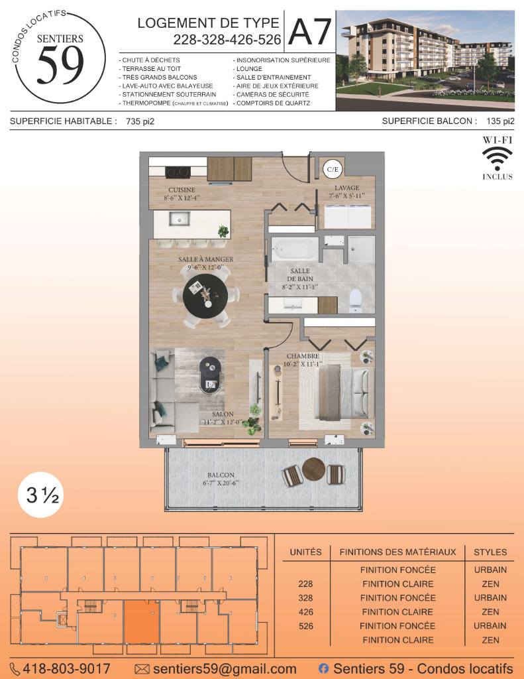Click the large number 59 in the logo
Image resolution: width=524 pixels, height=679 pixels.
pos(60,66)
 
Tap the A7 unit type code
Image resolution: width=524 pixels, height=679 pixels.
pos(310,32)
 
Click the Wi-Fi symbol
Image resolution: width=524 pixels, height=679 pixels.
pos(498,158)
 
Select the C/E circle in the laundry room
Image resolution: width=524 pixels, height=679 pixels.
pos(333,169)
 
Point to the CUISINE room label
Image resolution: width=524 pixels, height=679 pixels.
pos(182,190)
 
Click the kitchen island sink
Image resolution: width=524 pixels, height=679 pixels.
pos(179,219)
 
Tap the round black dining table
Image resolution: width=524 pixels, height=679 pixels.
pos(205,296)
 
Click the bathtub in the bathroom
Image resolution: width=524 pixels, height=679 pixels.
pos(295,249)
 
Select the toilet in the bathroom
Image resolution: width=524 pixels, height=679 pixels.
pos(355,300)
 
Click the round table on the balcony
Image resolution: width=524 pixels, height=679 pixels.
pos(314,469)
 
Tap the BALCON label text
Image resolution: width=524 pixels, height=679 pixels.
pos(221,475)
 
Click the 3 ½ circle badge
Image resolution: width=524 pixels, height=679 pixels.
pos(41,495)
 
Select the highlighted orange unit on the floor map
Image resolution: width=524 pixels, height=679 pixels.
pos(142,622)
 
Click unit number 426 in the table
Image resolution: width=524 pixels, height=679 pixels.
pos(305,612)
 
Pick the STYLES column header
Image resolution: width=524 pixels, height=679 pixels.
pos(490,552)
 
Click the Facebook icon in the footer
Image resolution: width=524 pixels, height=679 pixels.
pos(323,668)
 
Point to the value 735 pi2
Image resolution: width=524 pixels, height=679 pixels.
pos(140,122)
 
